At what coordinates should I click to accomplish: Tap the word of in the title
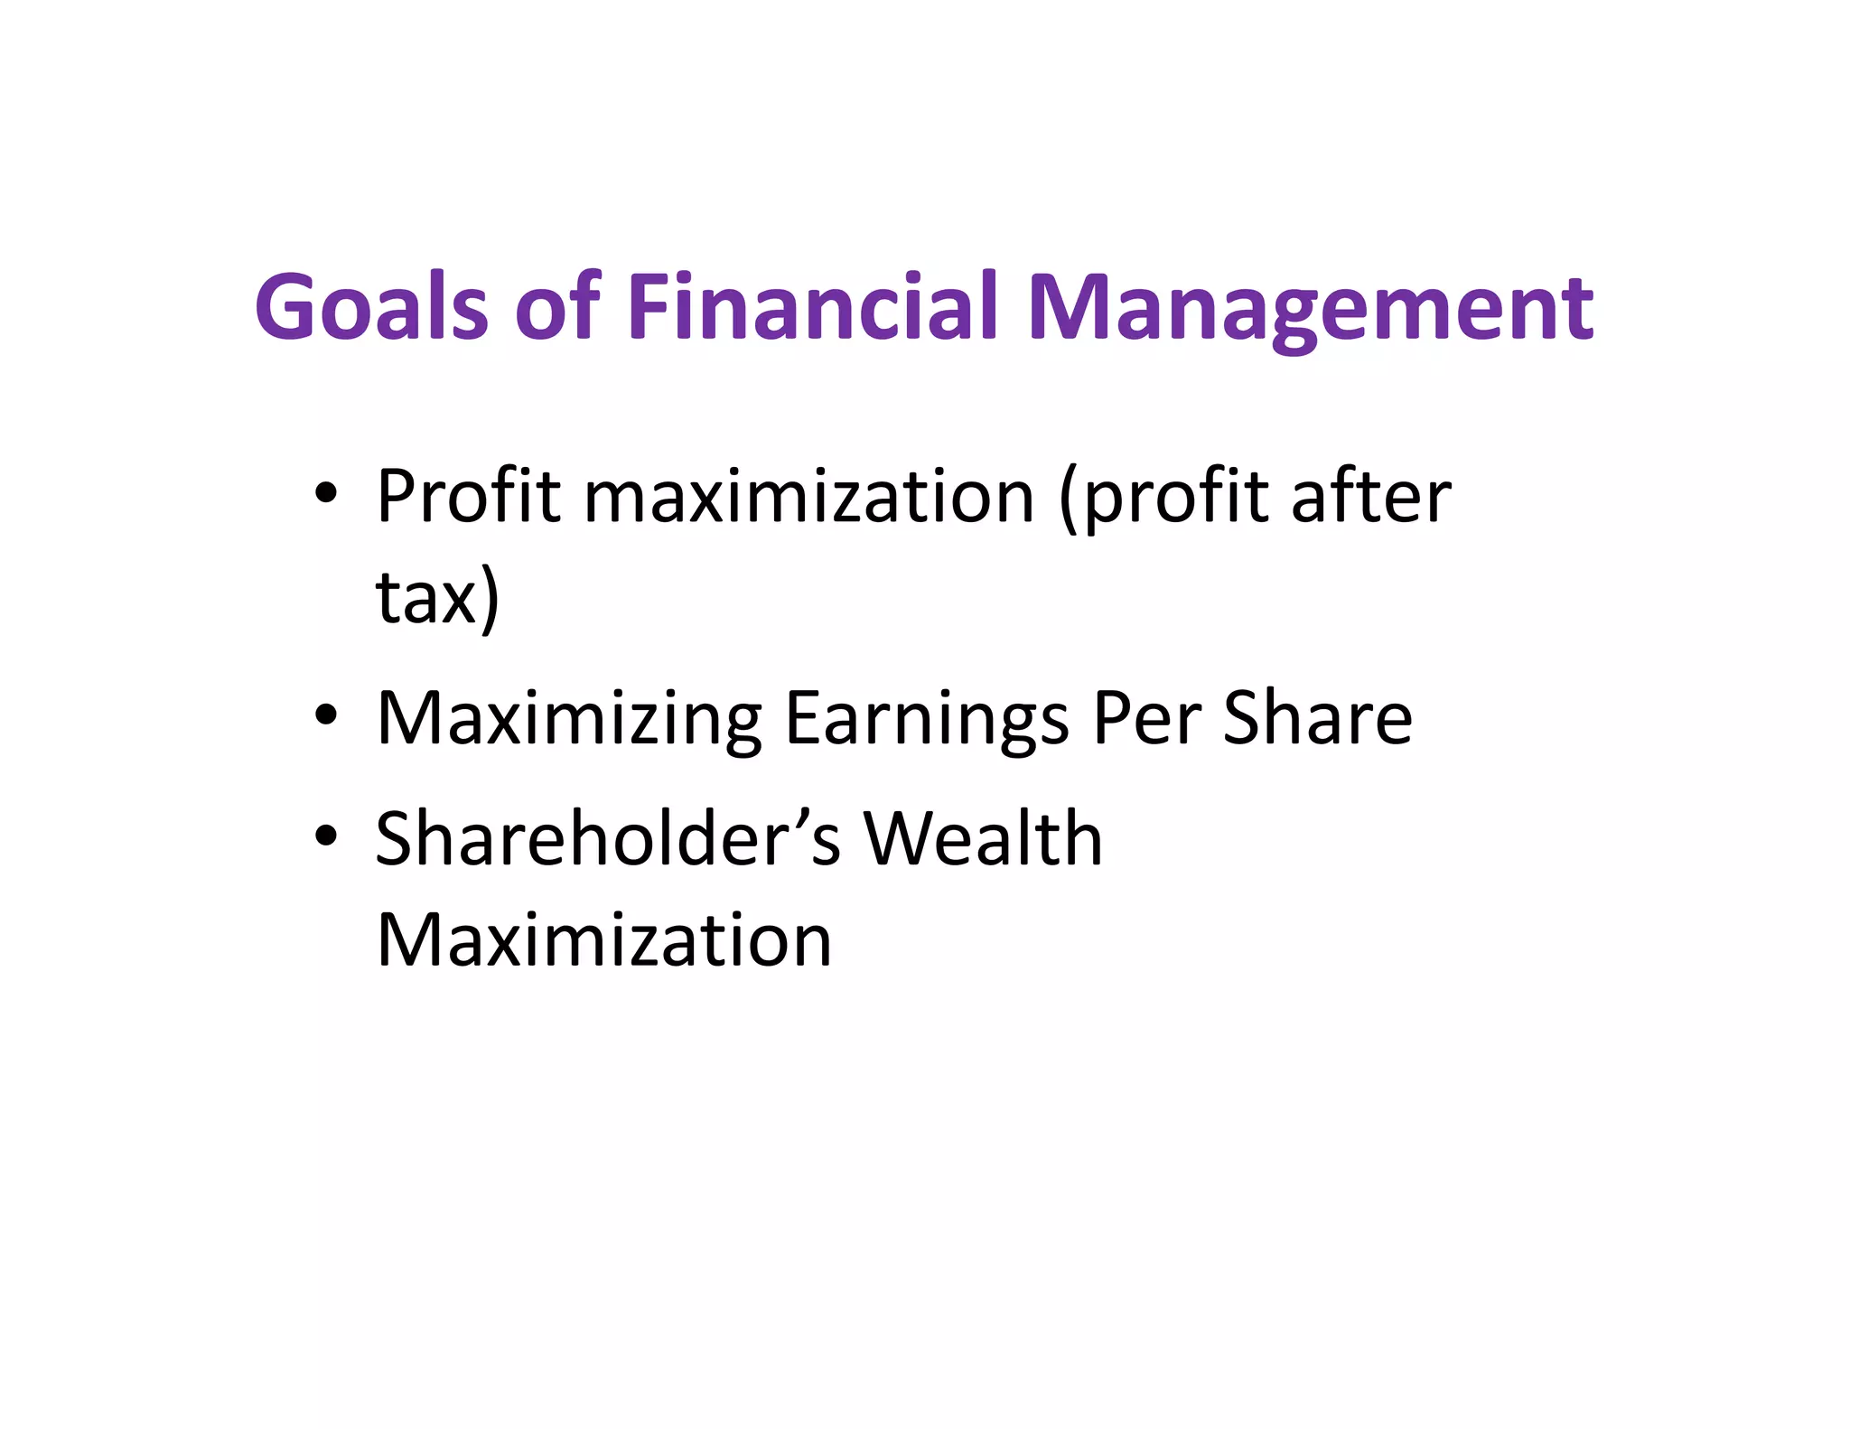point(557,307)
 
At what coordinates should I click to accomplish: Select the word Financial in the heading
point(812,307)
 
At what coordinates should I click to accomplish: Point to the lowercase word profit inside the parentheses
point(1174,500)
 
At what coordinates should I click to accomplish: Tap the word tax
point(425,598)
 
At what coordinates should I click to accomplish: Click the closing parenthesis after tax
point(490,598)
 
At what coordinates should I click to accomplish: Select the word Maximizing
point(569,720)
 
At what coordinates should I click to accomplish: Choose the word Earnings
point(927,720)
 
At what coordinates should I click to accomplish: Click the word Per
point(1146,718)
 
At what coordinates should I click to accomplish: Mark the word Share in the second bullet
point(1317,718)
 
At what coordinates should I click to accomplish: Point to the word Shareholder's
point(608,839)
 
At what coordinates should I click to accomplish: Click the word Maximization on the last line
point(603,940)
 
